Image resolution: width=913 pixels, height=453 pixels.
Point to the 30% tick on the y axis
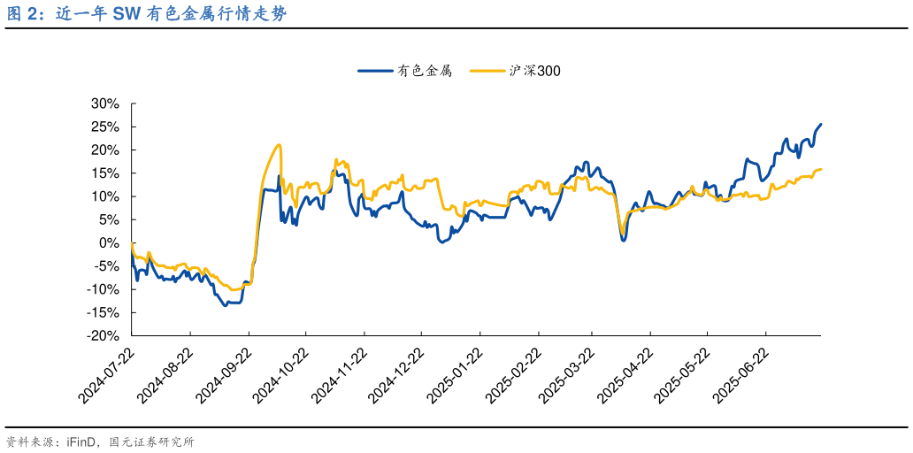[x=104, y=104]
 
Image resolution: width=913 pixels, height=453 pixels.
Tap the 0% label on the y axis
[x=111, y=242]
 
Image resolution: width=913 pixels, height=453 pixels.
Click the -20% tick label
[x=103, y=336]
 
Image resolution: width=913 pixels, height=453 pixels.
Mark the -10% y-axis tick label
[x=103, y=289]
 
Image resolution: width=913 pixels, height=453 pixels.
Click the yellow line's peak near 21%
[x=279, y=145]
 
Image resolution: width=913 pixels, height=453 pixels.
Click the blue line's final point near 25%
[x=821, y=125]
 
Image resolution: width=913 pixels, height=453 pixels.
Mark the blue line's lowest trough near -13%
[x=226, y=304]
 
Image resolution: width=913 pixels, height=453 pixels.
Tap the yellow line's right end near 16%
[x=821, y=169]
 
